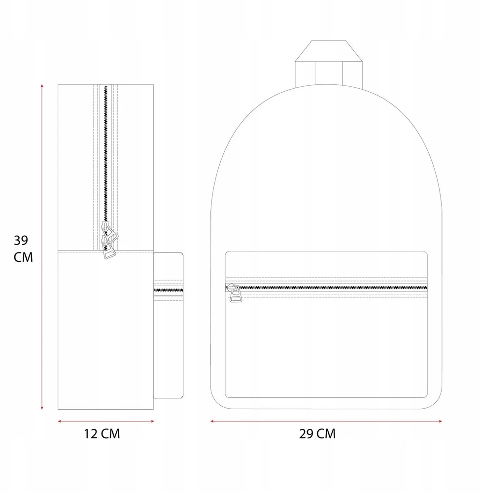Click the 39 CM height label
pyautogui.click(x=23, y=248)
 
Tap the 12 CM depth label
pyautogui.click(x=102, y=434)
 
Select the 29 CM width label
pyautogui.click(x=317, y=434)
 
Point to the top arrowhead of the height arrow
pyautogui.click(x=42, y=85)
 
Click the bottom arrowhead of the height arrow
pyautogui.click(x=42, y=408)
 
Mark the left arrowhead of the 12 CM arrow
pyautogui.click(x=60, y=422)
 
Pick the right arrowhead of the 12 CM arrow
pyautogui.click(x=152, y=422)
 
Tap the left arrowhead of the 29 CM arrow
pyautogui.click(x=212, y=422)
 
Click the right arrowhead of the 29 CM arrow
pyautogui.click(x=440, y=422)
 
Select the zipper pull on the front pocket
pyautogui.click(x=235, y=293)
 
